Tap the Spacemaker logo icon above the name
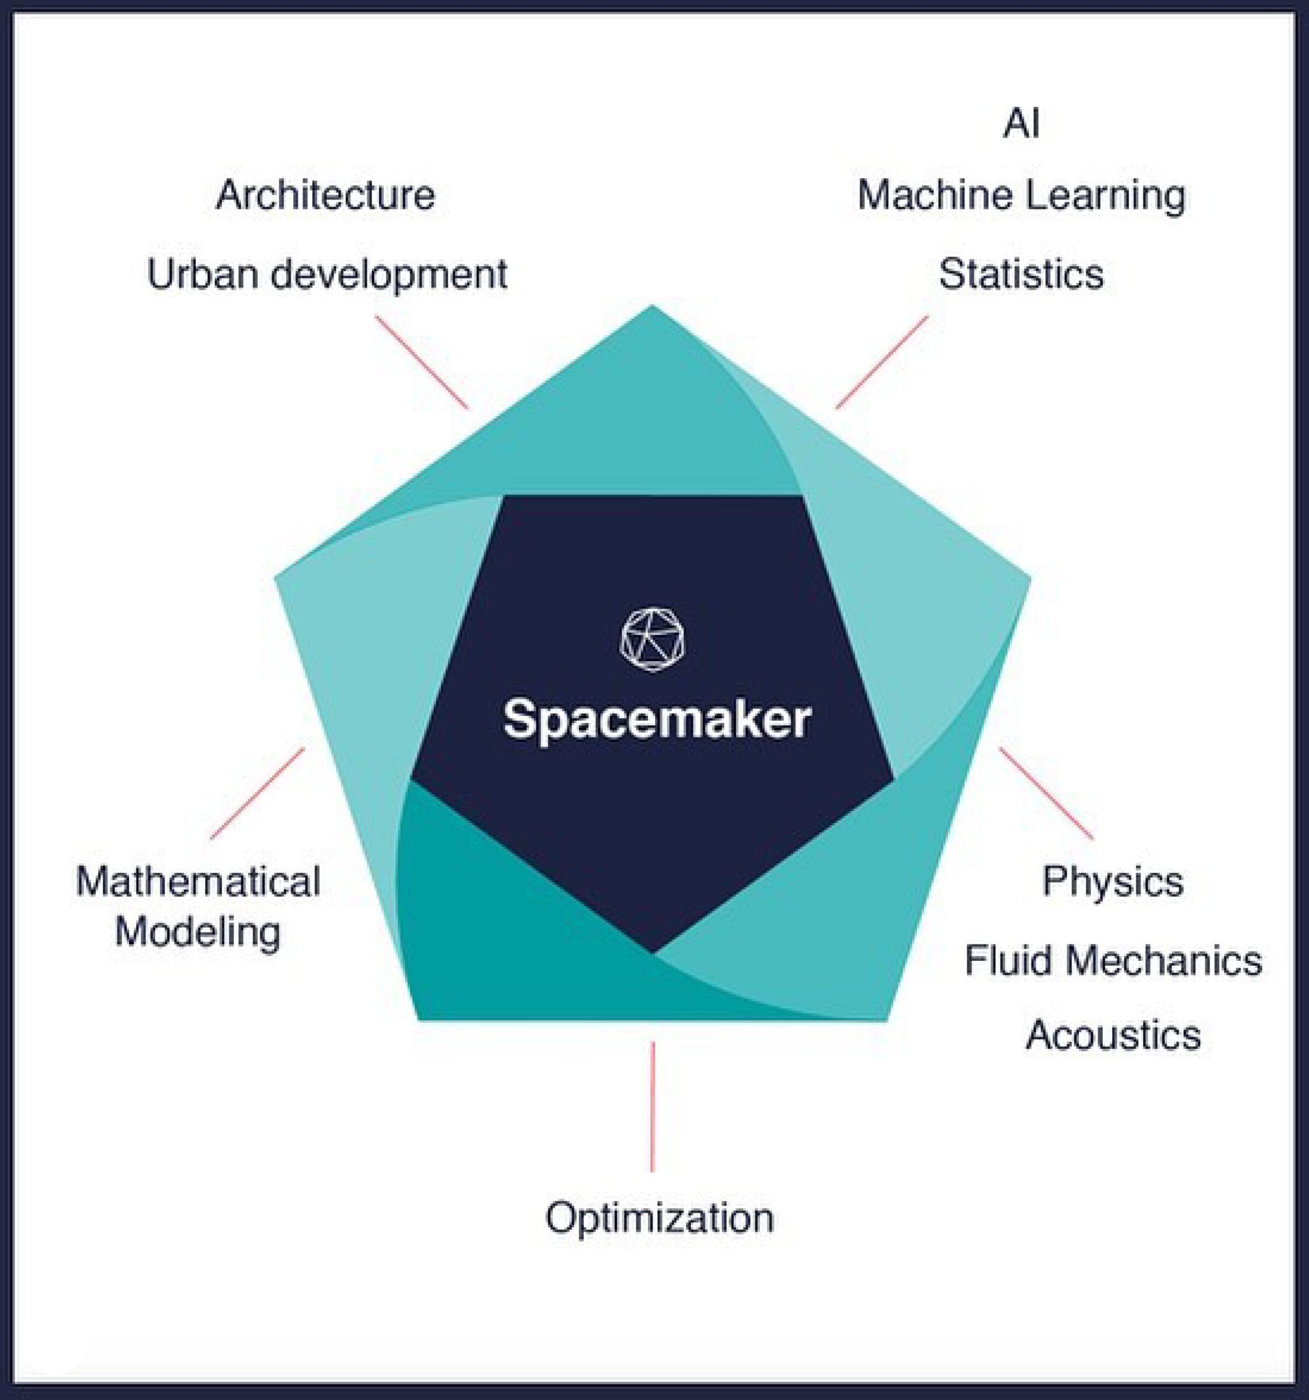(x=652, y=639)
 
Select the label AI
(x=1021, y=125)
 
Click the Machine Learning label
(x=1021, y=196)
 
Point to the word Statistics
(x=1021, y=274)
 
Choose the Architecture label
(x=325, y=195)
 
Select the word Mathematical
(x=198, y=882)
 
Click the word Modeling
(x=198, y=933)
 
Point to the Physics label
(x=1113, y=881)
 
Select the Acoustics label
(x=1113, y=1035)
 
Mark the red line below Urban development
(x=421, y=362)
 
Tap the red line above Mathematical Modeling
(x=258, y=793)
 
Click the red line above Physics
(x=1047, y=793)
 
